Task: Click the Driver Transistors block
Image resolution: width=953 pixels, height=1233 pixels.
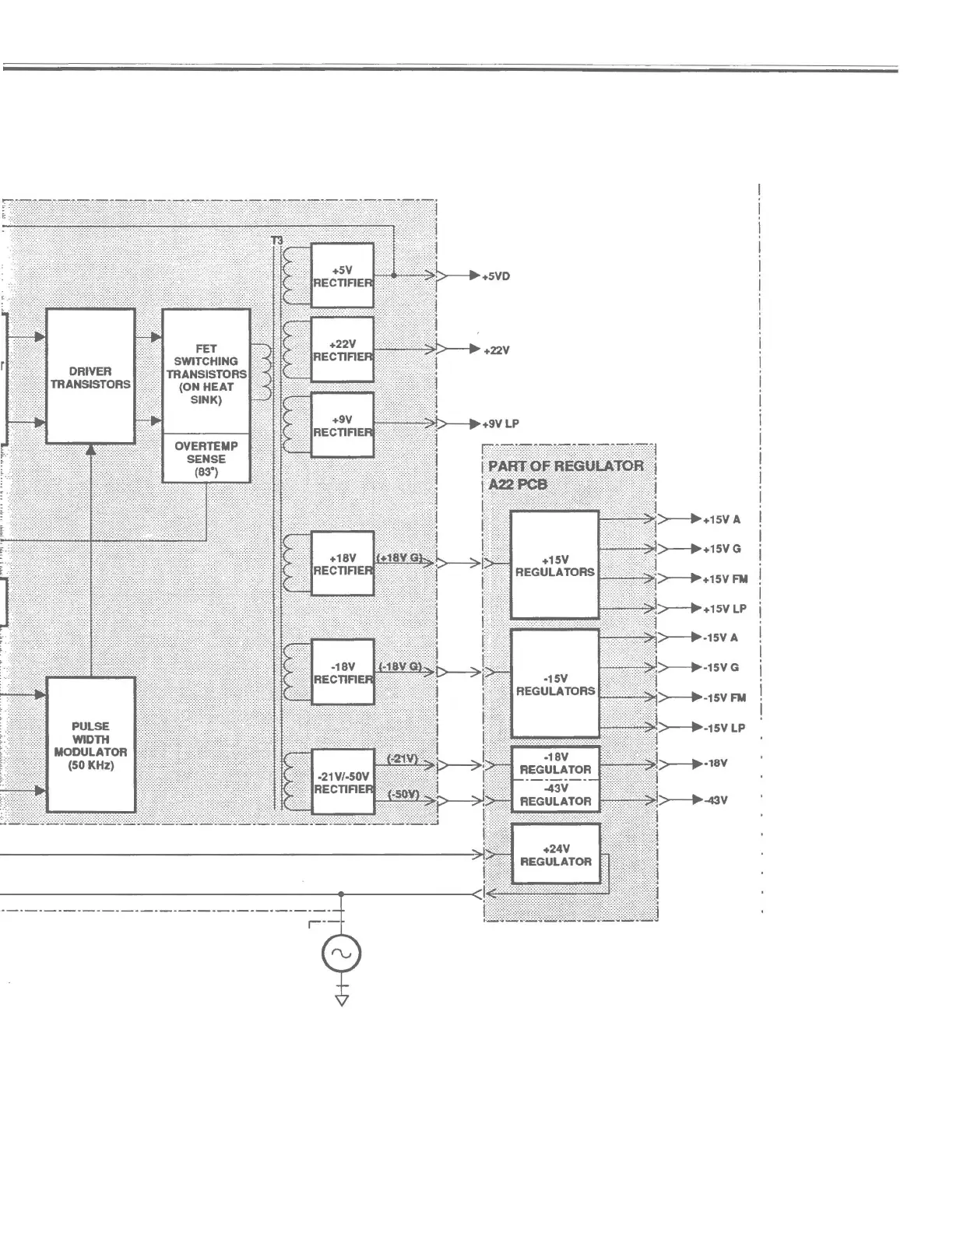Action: click(90, 377)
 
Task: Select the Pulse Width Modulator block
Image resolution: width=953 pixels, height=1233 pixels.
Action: click(90, 745)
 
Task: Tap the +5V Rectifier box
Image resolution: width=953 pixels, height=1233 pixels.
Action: click(342, 276)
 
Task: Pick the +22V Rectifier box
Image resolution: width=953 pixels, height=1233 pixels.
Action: click(342, 350)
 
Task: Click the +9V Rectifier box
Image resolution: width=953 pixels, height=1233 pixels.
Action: click(342, 425)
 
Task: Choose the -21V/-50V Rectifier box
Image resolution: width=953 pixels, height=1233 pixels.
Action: click(343, 782)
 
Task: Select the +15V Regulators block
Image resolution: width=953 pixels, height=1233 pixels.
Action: click(554, 565)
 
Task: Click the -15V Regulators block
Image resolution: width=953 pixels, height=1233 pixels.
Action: click(554, 683)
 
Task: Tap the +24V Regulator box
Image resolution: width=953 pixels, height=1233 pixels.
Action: click(555, 854)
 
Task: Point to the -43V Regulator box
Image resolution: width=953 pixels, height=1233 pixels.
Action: click(555, 795)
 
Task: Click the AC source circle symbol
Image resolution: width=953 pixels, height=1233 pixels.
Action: click(341, 953)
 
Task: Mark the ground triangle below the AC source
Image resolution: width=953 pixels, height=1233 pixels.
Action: click(341, 999)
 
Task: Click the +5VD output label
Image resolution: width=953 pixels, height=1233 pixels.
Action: click(496, 276)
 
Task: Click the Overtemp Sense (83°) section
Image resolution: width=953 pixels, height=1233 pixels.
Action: click(206, 458)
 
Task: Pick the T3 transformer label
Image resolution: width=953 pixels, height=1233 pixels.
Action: click(277, 241)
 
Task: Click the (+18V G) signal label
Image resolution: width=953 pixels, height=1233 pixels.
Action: click(399, 558)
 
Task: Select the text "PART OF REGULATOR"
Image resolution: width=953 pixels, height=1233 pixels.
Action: click(566, 466)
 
